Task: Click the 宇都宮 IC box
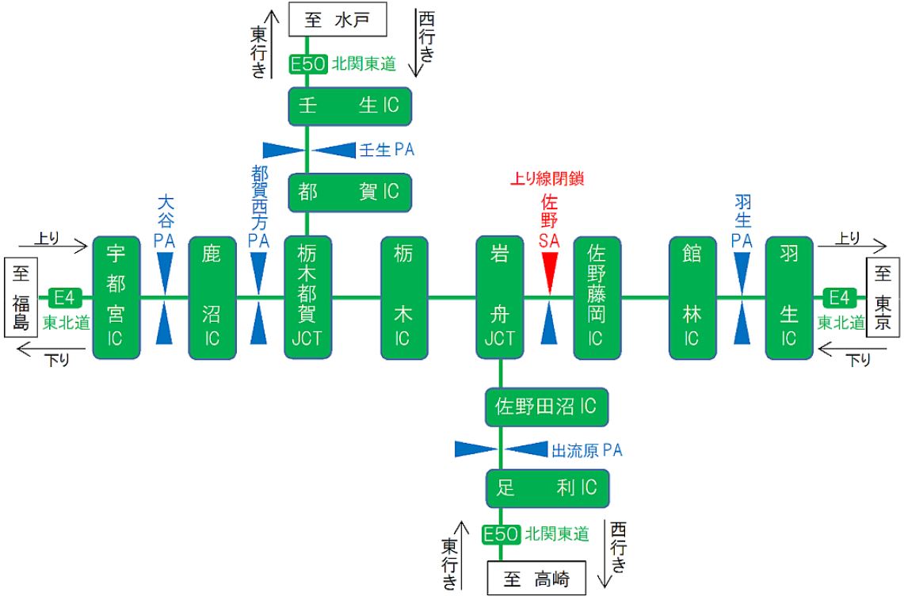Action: click(x=116, y=297)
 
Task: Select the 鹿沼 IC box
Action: click(x=212, y=297)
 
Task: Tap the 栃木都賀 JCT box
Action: click(x=308, y=297)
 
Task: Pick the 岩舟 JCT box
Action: click(x=501, y=297)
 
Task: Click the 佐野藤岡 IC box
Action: click(x=596, y=297)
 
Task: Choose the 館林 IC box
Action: click(x=692, y=297)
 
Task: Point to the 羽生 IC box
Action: click(x=788, y=297)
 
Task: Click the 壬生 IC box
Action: click(x=349, y=106)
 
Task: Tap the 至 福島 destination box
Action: click(x=21, y=297)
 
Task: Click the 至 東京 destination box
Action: click(x=884, y=297)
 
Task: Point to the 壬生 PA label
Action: click(x=387, y=150)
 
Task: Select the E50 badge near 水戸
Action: click(x=307, y=65)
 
